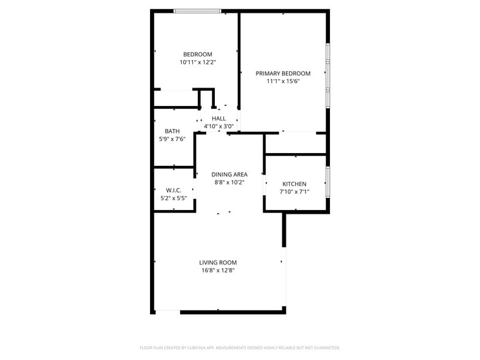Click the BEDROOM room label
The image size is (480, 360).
(x=197, y=54)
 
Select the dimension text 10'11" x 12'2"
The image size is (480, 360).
(x=197, y=62)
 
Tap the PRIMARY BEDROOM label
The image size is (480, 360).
(x=283, y=73)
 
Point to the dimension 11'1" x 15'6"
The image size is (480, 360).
(x=283, y=81)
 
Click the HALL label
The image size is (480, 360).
(x=219, y=118)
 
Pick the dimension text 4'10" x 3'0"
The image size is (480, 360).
(x=219, y=126)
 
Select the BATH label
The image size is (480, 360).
(x=172, y=131)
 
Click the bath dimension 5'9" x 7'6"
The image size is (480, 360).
(x=172, y=139)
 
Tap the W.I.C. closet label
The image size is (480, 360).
(x=173, y=190)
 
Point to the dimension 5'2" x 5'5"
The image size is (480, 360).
(x=173, y=198)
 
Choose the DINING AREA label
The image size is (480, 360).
(x=230, y=174)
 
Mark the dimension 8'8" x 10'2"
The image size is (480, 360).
(x=230, y=182)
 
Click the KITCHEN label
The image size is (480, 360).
(x=294, y=184)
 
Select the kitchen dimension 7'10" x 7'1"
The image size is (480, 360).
(x=294, y=192)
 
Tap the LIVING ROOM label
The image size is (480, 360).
(x=218, y=263)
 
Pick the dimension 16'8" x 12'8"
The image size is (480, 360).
(x=218, y=271)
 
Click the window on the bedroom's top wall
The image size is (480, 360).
(x=197, y=11)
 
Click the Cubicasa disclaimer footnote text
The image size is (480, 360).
(x=239, y=348)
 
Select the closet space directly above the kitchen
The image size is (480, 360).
(x=295, y=143)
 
